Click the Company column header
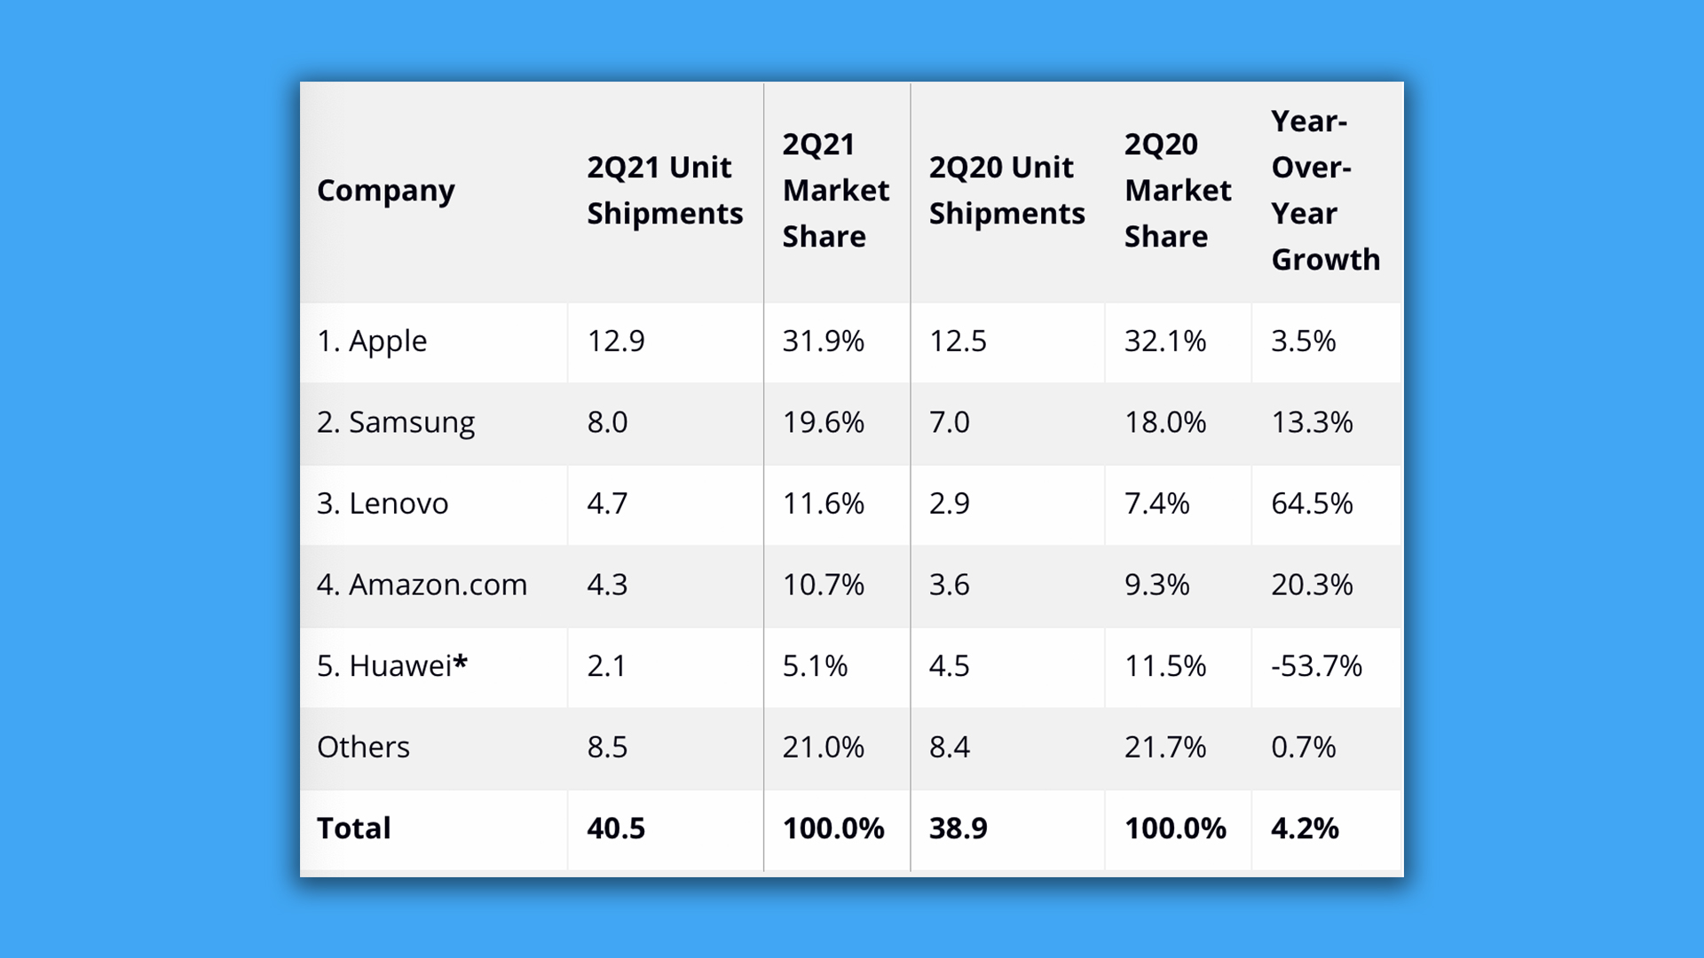385,191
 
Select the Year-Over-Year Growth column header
1325,191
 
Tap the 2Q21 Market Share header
835,191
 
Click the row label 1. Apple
372,342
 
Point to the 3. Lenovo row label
383,504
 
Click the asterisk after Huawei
461,662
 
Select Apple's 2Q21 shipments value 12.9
616,342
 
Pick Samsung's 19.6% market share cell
823,422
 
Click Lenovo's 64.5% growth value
1312,504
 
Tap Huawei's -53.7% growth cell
1316,666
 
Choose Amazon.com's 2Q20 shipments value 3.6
949,585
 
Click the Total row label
353,828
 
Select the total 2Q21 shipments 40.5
616,828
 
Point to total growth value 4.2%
1305,828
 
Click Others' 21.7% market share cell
1164,747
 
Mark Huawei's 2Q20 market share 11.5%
1164,666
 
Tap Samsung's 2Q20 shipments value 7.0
949,422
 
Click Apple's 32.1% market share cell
1164,342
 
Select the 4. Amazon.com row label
422,585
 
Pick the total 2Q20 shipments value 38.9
958,828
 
